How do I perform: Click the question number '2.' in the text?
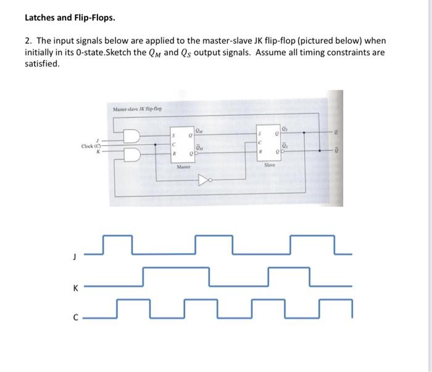[x=29, y=41]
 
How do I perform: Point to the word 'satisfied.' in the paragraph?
[x=43, y=63]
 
